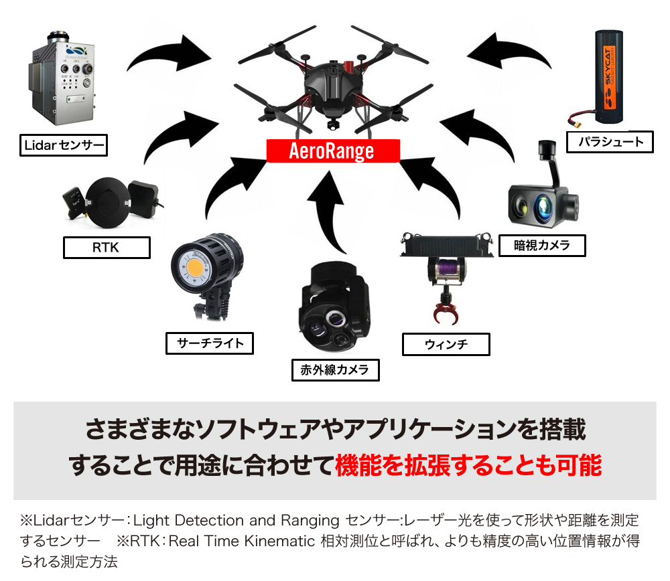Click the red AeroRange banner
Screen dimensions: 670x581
(333, 151)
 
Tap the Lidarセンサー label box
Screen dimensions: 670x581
(64, 145)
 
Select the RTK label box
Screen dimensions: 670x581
(107, 248)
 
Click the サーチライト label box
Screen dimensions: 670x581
(210, 343)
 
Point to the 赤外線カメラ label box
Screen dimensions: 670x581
(336, 369)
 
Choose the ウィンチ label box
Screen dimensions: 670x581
(446, 345)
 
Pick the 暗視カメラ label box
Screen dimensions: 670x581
(542, 246)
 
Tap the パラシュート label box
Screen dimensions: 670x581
(610, 142)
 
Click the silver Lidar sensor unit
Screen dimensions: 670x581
(62, 79)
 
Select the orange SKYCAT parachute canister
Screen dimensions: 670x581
(608, 77)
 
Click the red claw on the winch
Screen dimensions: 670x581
(446, 313)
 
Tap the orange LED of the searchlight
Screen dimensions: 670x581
(195, 268)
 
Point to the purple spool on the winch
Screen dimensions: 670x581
(447, 269)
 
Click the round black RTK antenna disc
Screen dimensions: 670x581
(107, 203)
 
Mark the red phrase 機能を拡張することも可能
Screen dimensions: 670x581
(468, 465)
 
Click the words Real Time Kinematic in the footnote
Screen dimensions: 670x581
(241, 541)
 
